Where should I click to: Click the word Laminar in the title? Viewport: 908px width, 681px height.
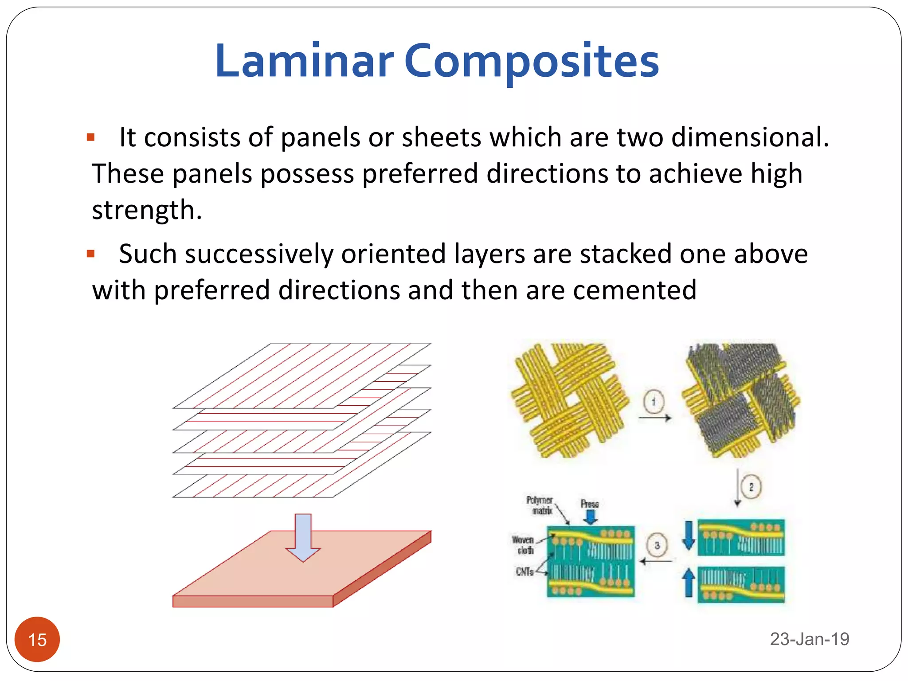pyautogui.click(x=304, y=61)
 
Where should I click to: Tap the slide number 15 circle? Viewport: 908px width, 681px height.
pyautogui.click(x=37, y=639)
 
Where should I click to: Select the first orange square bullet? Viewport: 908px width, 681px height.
pyautogui.click(x=91, y=137)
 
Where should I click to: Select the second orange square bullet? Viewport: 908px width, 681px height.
pyautogui.click(x=91, y=254)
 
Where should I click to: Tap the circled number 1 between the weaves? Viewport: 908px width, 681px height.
pyautogui.click(x=654, y=402)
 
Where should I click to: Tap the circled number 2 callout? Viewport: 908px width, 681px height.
pyautogui.click(x=751, y=487)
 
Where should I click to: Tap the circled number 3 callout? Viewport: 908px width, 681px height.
pyautogui.click(x=657, y=545)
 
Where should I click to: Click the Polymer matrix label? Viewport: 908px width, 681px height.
pyautogui.click(x=540, y=505)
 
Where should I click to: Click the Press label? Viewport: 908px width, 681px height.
pyautogui.click(x=590, y=504)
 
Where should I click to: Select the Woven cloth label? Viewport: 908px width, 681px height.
pyautogui.click(x=523, y=545)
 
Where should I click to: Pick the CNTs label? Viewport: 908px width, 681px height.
pyautogui.click(x=524, y=572)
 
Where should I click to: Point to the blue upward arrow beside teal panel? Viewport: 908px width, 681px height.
pyautogui.click(x=688, y=582)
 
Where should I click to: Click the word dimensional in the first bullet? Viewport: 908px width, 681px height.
pyautogui.click(x=749, y=137)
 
